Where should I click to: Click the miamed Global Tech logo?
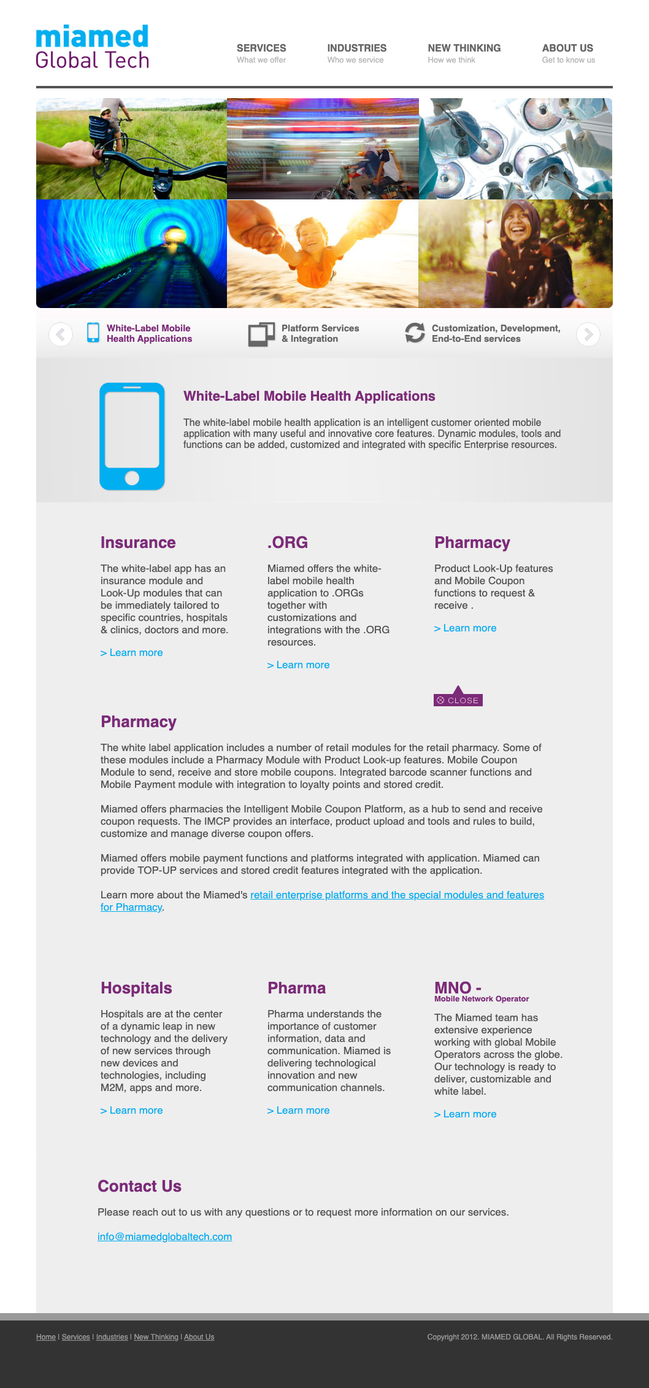point(92,47)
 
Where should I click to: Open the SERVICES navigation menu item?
point(261,48)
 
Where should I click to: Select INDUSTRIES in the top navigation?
point(356,48)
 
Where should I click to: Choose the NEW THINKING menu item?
point(464,48)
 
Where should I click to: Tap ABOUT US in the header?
point(567,48)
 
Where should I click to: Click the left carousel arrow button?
point(61,334)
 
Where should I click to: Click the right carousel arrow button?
point(588,334)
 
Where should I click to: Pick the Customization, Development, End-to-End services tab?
point(483,334)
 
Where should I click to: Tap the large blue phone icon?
point(132,436)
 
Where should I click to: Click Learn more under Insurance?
point(132,653)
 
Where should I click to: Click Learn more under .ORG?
point(299,665)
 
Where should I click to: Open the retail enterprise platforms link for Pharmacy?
point(397,895)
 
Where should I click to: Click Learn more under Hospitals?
point(132,1111)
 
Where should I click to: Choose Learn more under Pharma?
point(299,1111)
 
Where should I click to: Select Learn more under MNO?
point(466,1114)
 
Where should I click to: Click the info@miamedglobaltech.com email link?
point(164,1237)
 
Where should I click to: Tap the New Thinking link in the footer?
point(156,1337)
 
